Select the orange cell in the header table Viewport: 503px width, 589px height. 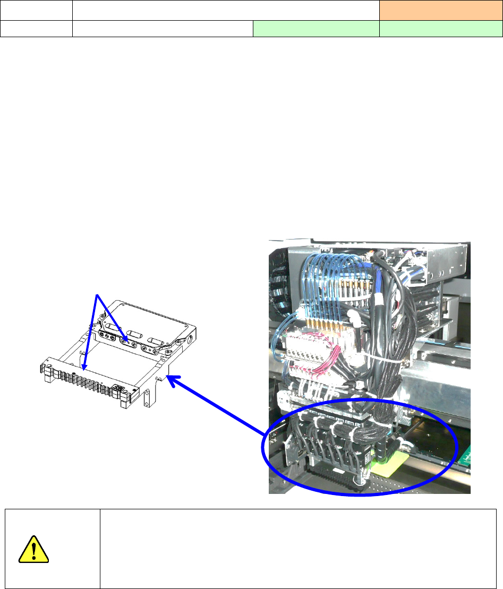click(x=440, y=10)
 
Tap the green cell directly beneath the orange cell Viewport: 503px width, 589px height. click(x=440, y=29)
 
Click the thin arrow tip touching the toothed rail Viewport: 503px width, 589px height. click(x=84, y=367)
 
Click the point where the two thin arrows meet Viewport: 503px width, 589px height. click(x=96, y=294)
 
